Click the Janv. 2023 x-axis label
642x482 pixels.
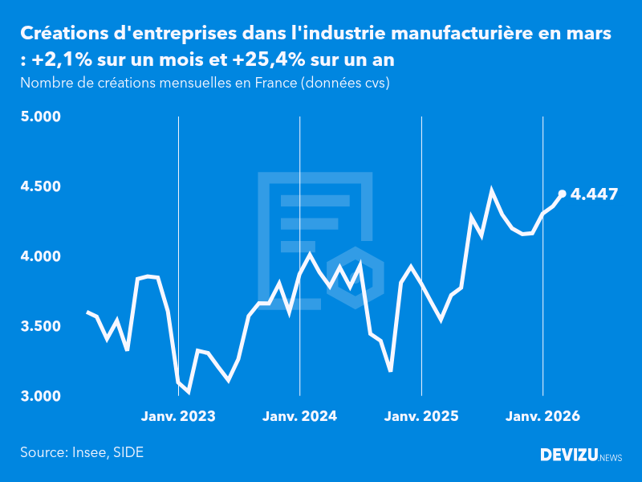(x=178, y=417)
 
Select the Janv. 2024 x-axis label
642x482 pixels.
(x=300, y=417)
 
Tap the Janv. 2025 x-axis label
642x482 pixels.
(x=421, y=417)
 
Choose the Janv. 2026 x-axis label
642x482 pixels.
(x=543, y=417)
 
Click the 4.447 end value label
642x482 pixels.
(x=594, y=194)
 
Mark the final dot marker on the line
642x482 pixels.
(x=562, y=194)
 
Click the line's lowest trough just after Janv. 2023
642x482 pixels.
(x=188, y=391)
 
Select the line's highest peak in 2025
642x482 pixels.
(x=492, y=191)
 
